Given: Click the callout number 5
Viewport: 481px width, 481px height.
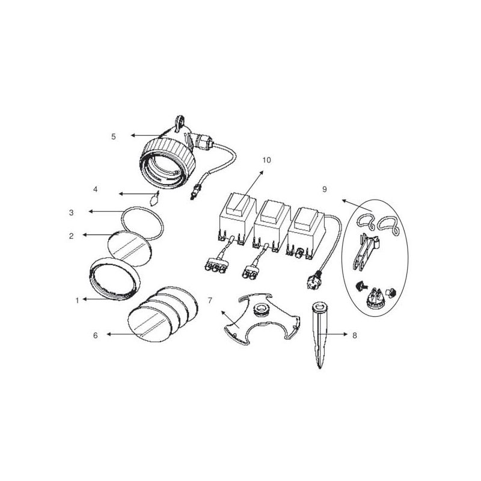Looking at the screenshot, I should click(x=113, y=136).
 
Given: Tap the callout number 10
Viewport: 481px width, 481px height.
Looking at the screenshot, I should click(x=267, y=160).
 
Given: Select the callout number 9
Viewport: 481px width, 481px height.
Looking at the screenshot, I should click(x=324, y=189).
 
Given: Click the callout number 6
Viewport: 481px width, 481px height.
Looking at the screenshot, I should click(x=95, y=335).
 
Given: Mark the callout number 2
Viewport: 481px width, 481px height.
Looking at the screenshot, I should click(x=71, y=235).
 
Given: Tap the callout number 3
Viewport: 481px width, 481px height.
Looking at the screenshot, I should click(x=71, y=212).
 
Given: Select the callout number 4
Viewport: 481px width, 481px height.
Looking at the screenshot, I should click(x=95, y=189).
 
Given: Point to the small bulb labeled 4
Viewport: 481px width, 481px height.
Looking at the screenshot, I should click(x=155, y=198).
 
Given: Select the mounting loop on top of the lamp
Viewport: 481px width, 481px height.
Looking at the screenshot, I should click(x=180, y=121).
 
